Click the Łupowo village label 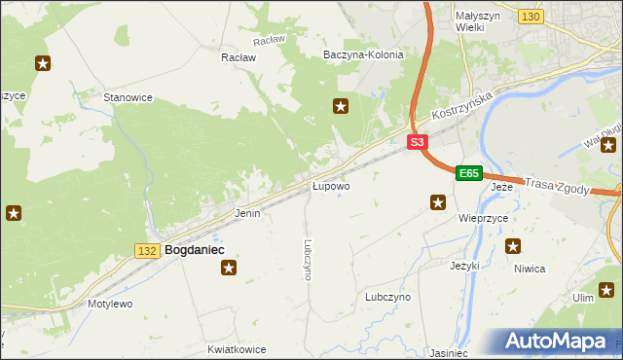point(331,185)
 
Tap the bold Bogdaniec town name point(195,250)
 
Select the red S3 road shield point(417,142)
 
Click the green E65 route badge point(469,173)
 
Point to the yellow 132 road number point(147,251)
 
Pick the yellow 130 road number point(531,18)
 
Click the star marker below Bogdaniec point(228,268)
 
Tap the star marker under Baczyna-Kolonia point(341,106)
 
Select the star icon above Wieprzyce point(438,202)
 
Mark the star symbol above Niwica point(513,246)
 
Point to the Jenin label point(247,212)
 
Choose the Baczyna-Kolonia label point(363,55)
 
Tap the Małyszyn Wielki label point(478,21)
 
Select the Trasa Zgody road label point(557,185)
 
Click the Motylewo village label point(110,304)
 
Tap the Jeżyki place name point(465,265)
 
